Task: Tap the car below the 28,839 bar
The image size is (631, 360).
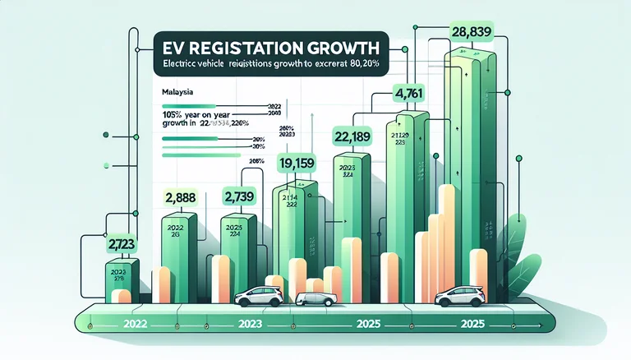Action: pyautogui.click(x=460, y=297)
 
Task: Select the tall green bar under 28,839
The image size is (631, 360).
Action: pyautogui.click(x=470, y=164)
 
